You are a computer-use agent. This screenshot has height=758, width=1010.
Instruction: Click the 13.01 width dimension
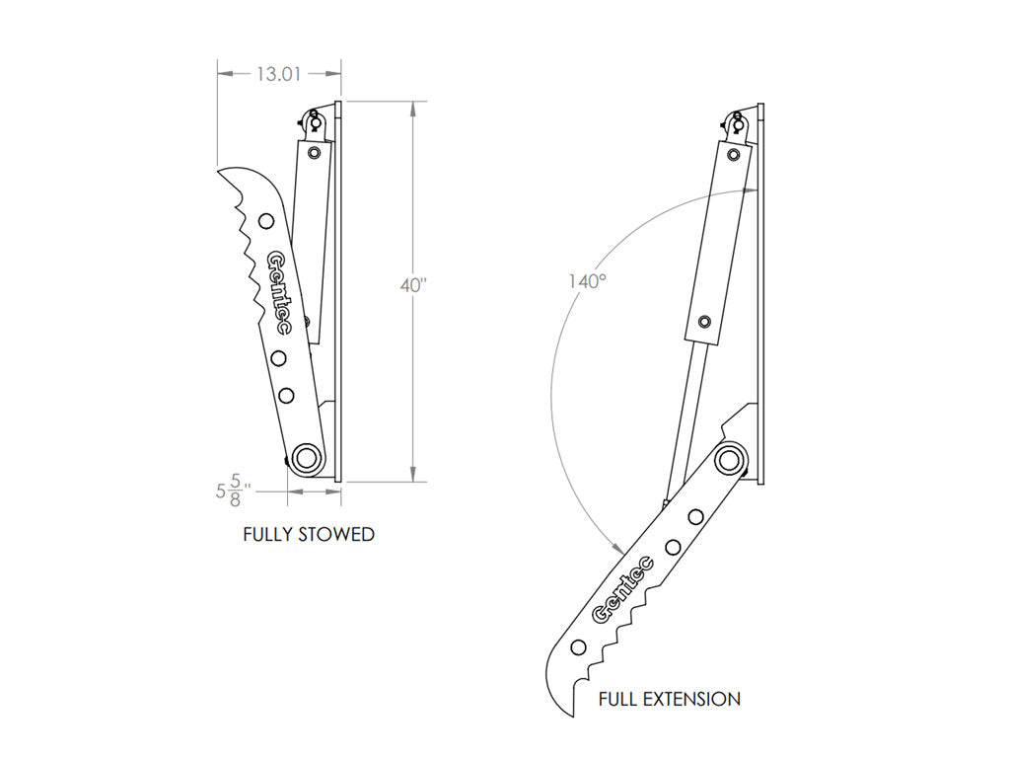click(x=279, y=73)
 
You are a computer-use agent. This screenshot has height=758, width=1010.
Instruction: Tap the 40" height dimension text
click(x=412, y=285)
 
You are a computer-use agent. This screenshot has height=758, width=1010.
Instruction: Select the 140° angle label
click(x=586, y=281)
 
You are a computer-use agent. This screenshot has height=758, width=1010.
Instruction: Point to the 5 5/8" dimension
click(x=234, y=489)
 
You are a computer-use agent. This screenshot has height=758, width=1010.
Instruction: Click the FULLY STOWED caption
click(x=309, y=535)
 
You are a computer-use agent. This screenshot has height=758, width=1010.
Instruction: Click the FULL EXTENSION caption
click(x=669, y=700)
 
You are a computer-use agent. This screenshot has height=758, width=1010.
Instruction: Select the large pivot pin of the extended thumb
click(x=730, y=459)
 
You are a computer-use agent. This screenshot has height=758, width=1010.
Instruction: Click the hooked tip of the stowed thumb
click(x=223, y=172)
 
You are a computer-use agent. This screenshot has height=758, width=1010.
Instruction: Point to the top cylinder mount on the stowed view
click(x=317, y=121)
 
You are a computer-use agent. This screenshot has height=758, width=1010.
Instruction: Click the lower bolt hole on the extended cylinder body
click(x=704, y=322)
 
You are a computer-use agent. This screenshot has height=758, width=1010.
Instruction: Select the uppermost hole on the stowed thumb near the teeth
click(x=266, y=220)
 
